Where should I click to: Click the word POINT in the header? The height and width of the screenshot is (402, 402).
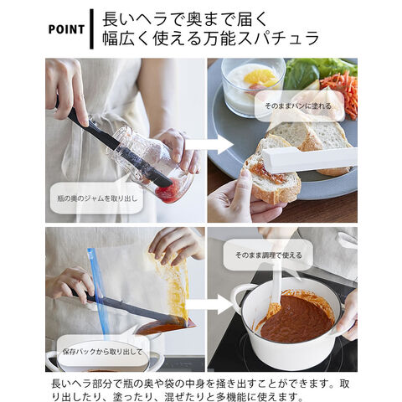point(66,29)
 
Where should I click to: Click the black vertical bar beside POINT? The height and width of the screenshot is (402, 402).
point(91,29)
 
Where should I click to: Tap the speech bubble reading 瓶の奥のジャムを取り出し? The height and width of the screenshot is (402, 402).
point(96,197)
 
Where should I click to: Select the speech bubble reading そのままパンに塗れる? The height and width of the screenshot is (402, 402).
point(299,106)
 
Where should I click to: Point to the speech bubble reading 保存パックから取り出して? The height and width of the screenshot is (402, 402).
point(102,351)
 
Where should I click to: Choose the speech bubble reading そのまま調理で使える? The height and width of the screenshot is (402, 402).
point(268,255)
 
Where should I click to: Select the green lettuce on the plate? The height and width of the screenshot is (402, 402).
point(316,72)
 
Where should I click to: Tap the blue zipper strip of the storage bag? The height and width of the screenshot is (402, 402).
point(97,293)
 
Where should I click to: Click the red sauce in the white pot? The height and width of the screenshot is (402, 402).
point(296,318)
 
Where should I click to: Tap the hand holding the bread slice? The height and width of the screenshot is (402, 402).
point(240,195)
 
